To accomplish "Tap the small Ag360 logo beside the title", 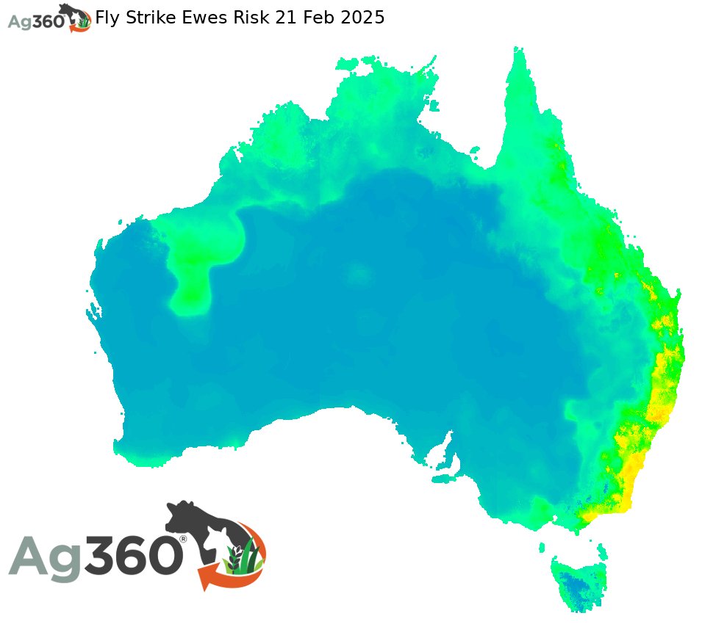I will pos(49,18).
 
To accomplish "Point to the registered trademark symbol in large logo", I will pos(183,539).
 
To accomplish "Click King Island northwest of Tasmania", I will pos(542,547).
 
